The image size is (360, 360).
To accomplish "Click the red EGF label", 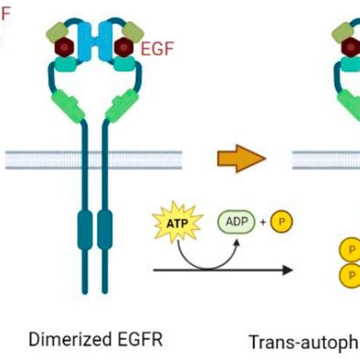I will coord(157,49).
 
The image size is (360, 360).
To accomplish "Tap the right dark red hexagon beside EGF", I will coord(125,48).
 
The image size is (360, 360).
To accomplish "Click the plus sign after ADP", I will coord(264,222).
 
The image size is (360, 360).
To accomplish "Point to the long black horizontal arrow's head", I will coord(289,270).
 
